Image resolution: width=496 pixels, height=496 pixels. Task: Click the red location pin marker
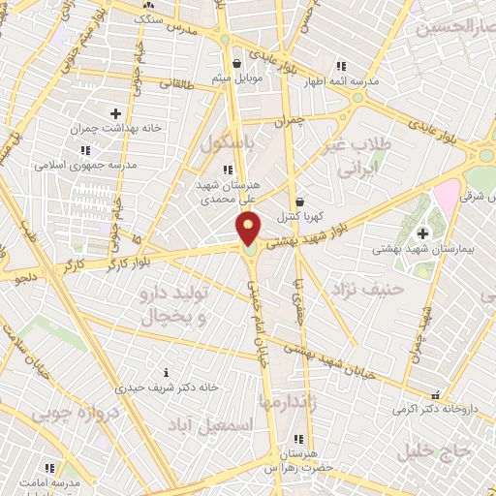(x=249, y=229)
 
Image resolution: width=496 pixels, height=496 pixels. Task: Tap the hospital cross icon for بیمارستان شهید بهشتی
(x=423, y=233)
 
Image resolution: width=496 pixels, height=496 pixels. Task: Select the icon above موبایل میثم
(x=225, y=65)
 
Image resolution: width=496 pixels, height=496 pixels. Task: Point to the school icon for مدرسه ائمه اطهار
(x=340, y=66)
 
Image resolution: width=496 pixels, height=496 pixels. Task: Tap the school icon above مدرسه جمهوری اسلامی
(x=85, y=150)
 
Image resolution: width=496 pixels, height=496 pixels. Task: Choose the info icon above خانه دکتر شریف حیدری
(x=167, y=372)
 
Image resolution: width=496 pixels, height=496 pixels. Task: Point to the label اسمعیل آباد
(x=224, y=425)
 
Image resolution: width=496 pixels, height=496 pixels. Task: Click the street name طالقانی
(x=174, y=84)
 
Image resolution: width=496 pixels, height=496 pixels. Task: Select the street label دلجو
(x=23, y=277)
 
